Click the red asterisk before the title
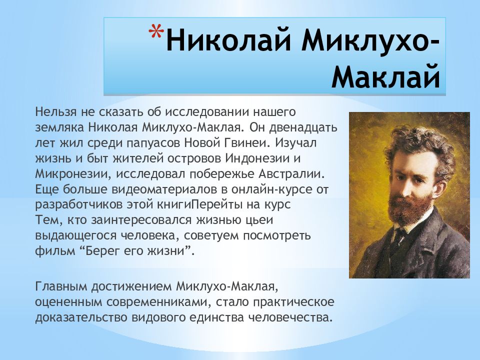pos(156,31)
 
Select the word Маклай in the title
pos(385,76)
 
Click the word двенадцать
pos(303,127)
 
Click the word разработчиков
pos(79,205)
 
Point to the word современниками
pos(159,302)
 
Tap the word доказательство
pos(81,317)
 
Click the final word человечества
pos(290,317)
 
